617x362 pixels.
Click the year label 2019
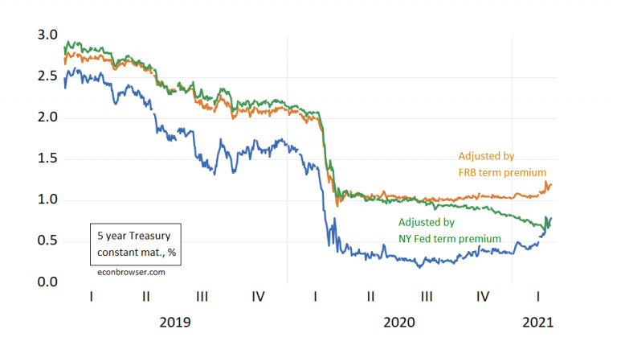[x=175, y=322]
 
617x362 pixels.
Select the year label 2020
[x=399, y=322]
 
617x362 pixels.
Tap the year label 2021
[x=537, y=322]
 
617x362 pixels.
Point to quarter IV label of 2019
[x=259, y=296]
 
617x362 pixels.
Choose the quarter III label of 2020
[x=427, y=296]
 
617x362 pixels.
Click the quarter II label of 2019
[x=146, y=296]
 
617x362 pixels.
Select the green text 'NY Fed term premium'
[x=450, y=238]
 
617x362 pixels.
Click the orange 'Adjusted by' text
[x=486, y=155]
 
